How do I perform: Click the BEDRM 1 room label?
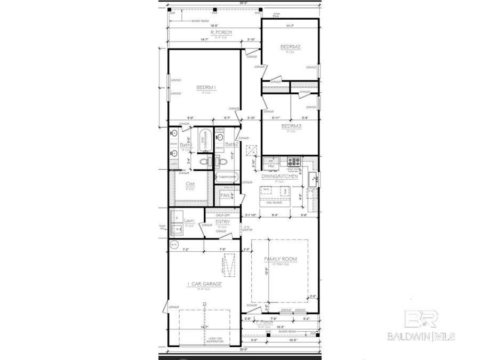coord(205,87)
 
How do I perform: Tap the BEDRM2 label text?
coord(291,47)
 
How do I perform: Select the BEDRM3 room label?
coord(291,126)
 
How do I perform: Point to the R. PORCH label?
coord(205,32)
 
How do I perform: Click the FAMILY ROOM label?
coord(281,260)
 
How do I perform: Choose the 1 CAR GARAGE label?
coord(204,284)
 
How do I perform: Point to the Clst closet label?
coord(189,185)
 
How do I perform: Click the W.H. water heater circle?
coord(173,245)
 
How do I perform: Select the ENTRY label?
coord(222,221)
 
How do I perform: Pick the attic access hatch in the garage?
coord(230,265)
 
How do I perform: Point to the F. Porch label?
coord(265,323)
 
